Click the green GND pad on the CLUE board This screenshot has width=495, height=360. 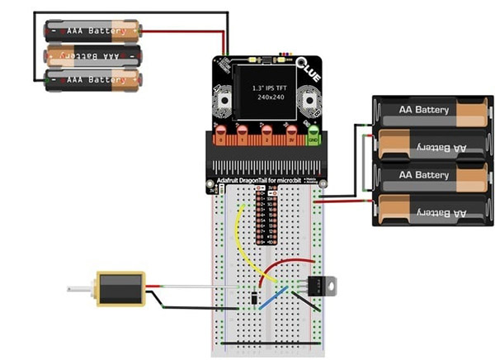click(313, 133)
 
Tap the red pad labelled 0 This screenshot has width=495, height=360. click(220, 133)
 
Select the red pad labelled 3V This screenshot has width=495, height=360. click(290, 133)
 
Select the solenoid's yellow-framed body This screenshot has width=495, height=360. click(120, 289)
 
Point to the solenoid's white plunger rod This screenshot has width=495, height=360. click(81, 288)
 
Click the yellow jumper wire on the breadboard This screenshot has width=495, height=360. click(242, 239)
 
